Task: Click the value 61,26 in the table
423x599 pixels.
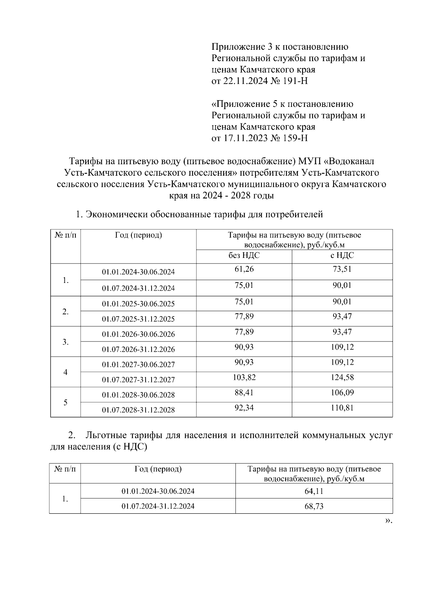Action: pyautogui.click(x=244, y=269)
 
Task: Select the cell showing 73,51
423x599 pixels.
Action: pyautogui.click(x=342, y=269)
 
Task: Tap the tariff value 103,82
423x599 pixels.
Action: pyautogui.click(x=244, y=377)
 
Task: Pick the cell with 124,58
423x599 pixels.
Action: pyautogui.click(x=342, y=377)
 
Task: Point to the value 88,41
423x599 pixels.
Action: pyautogui.click(x=244, y=393)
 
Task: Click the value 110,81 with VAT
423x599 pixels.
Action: pyautogui.click(x=342, y=408)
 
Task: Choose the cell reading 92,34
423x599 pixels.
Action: pyautogui.click(x=244, y=408)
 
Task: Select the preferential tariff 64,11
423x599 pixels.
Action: pyautogui.click(x=314, y=491)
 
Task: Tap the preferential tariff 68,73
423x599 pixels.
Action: pyautogui.click(x=314, y=506)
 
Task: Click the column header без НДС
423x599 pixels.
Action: pyautogui.click(x=244, y=255)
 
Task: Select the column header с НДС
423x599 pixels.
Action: pyautogui.click(x=342, y=255)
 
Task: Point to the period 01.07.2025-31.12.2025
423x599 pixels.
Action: pyautogui.click(x=138, y=319)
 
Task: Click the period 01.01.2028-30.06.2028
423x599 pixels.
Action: pyautogui.click(x=138, y=395)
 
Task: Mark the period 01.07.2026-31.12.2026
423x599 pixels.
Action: pyautogui.click(x=138, y=349)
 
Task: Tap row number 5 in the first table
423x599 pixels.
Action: pyautogui.click(x=66, y=403)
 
